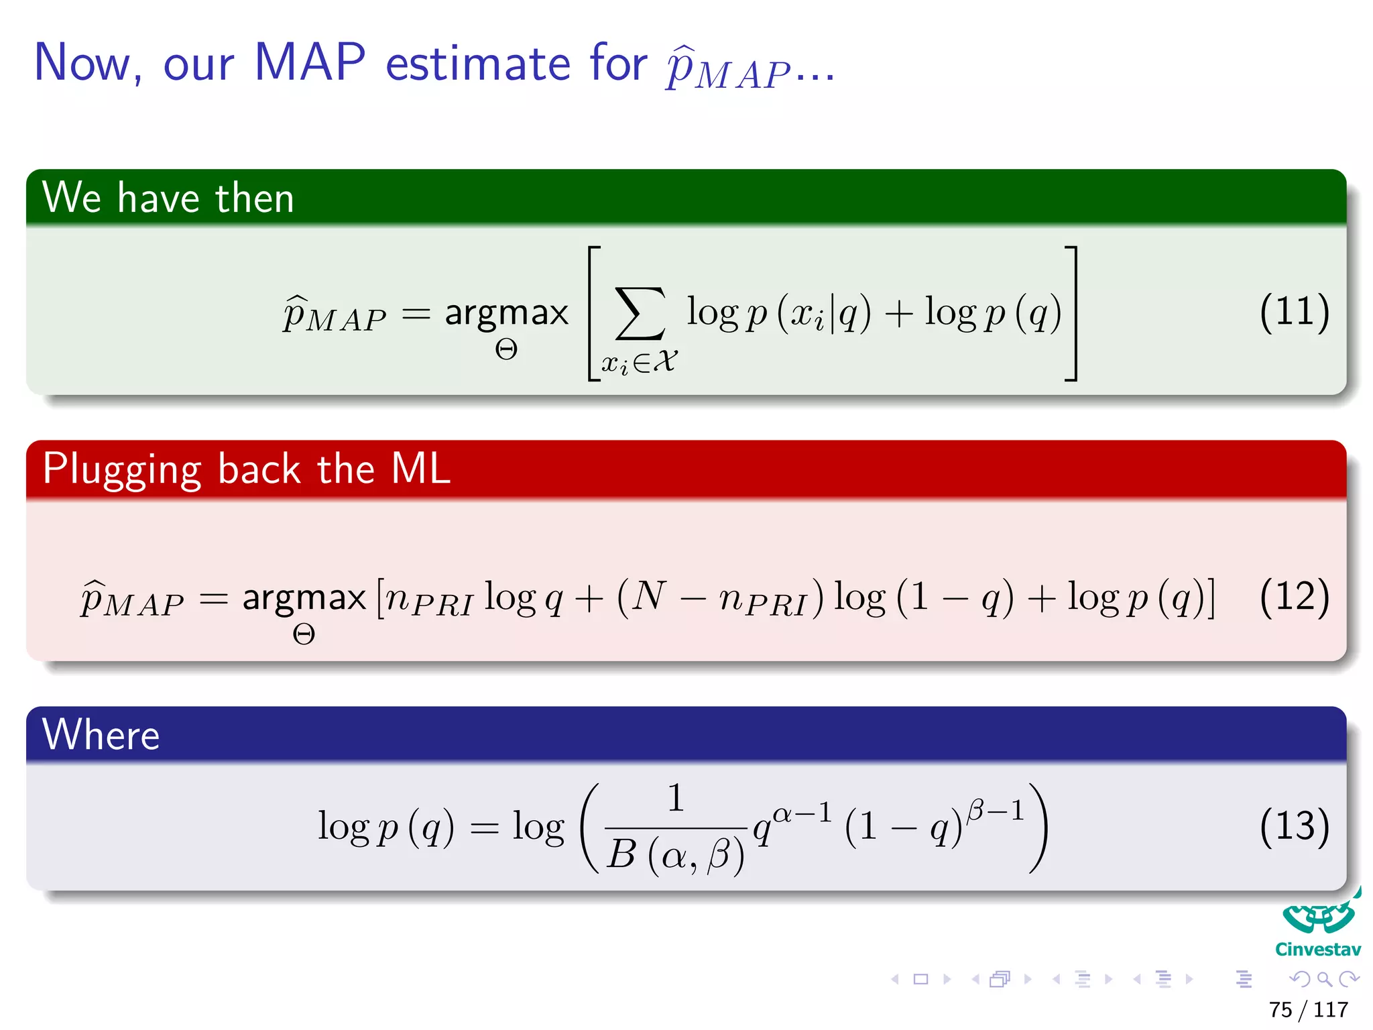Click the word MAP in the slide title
310,63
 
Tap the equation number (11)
1293,312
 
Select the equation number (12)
1293,596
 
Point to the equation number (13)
1293,825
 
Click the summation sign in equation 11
640,314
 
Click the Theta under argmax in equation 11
506,349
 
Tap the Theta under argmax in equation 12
304,634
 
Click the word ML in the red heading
420,469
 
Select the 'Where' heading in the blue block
101,735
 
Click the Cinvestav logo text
1317,950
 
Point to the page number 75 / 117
1308,1009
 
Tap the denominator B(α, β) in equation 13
675,855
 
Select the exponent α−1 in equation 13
802,813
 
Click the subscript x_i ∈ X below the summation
639,363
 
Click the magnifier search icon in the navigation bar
1324,979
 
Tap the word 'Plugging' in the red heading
121,469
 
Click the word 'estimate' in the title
477,63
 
